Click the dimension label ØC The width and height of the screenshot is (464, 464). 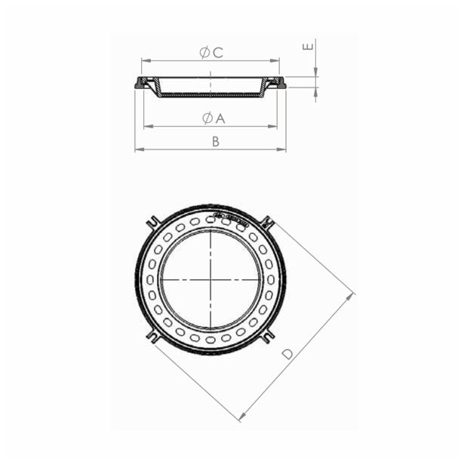point(210,52)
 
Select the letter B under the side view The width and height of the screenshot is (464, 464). point(215,142)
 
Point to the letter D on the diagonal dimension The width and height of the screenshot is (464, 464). point(287,353)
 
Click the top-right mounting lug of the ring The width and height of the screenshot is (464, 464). point(266,222)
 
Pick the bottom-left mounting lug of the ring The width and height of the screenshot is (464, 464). point(153,336)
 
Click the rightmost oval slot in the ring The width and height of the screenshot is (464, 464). point(270,280)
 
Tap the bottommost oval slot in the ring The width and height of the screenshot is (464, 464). point(210,340)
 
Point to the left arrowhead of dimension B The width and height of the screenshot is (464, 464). point(138,149)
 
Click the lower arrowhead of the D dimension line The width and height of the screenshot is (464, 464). point(241,417)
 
